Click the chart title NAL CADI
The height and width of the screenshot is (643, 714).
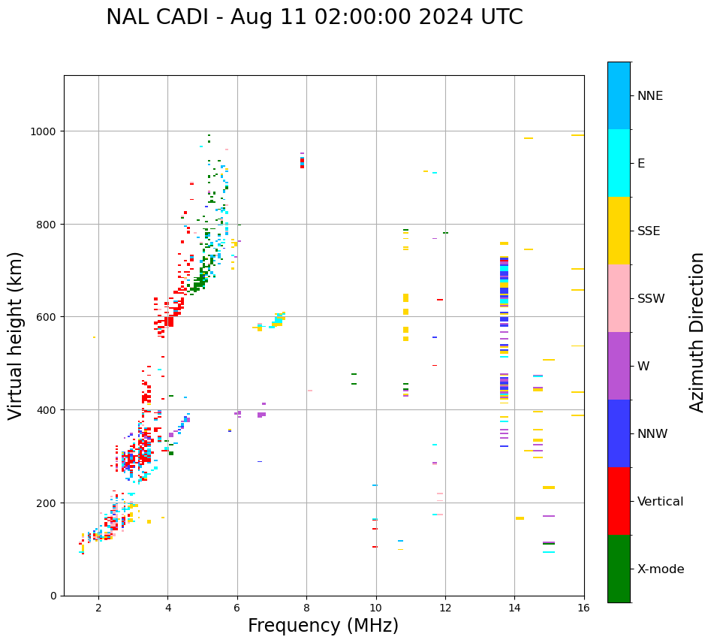(314, 17)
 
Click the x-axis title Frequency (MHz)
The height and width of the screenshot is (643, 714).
(323, 626)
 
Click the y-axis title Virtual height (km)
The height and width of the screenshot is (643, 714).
(16, 336)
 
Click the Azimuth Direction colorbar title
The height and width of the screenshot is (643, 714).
(697, 332)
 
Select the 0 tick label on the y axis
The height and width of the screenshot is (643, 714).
(53, 596)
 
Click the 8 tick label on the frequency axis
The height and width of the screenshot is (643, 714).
(306, 608)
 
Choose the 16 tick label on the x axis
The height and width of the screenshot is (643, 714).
(583, 608)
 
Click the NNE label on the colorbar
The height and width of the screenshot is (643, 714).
(650, 96)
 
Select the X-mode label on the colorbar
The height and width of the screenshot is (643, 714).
(661, 569)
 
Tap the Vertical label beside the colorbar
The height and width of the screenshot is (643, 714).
(661, 502)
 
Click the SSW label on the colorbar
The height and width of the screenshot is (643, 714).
(651, 299)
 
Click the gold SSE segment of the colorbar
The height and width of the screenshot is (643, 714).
(619, 231)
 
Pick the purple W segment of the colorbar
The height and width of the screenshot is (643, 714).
(619, 366)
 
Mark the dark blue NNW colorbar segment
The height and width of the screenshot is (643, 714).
(619, 433)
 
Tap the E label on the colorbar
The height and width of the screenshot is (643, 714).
(641, 164)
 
